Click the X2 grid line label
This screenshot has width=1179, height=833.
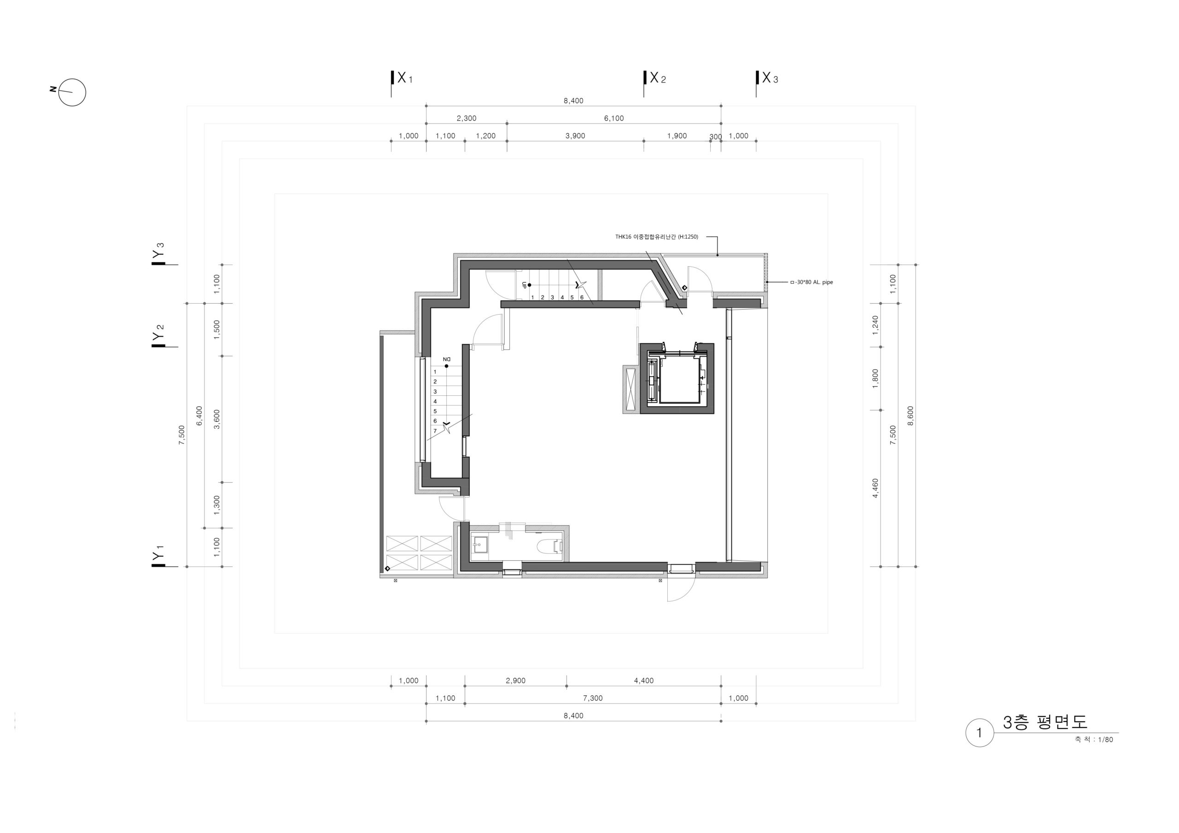coord(658,78)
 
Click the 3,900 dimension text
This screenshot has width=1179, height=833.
coord(575,136)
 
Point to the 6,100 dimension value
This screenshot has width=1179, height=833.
coord(613,118)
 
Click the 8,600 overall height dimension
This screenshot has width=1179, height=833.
coord(911,416)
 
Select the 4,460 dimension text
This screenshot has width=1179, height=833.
coord(875,488)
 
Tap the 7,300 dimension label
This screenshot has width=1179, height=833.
coord(593,698)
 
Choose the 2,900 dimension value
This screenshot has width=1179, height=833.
coord(515,681)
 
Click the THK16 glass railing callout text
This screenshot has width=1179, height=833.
coord(656,237)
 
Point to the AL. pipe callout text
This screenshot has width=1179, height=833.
coord(812,282)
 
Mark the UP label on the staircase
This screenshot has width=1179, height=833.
coord(524,285)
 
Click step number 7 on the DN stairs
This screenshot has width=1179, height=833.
coord(435,431)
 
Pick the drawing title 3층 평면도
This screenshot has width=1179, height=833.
coord(1045,722)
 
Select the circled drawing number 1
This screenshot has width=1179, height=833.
coord(979,733)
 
